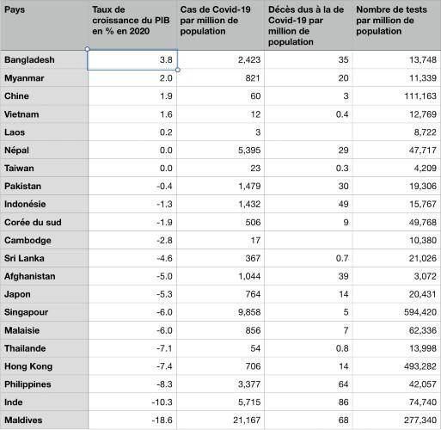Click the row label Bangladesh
pos(30,60)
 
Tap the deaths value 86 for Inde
pos(336,402)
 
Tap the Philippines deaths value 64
pos(336,384)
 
